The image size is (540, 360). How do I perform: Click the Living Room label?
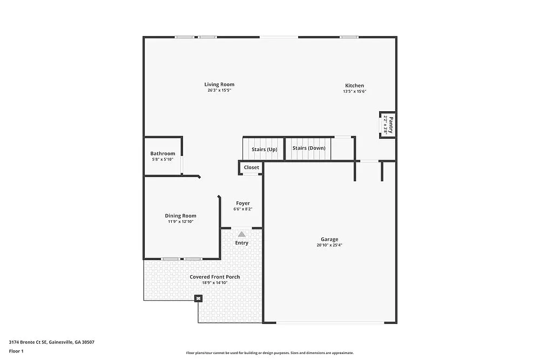[x=219, y=84]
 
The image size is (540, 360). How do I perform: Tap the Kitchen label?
[x=354, y=85]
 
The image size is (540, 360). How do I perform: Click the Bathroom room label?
[x=163, y=153]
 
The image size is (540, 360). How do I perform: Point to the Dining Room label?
[x=180, y=215]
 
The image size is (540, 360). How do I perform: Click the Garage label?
[x=329, y=239]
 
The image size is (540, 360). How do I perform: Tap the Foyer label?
[x=242, y=203]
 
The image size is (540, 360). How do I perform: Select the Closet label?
[x=251, y=167]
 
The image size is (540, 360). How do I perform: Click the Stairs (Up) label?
[x=264, y=149]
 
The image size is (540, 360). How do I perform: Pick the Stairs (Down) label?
[x=309, y=148]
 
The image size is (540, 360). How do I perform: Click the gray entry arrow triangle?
[x=241, y=234]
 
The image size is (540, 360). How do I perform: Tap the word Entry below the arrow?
[x=241, y=243]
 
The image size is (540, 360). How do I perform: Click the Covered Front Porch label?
[x=214, y=277]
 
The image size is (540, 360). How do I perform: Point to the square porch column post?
[x=198, y=298]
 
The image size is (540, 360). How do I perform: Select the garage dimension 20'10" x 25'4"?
[x=329, y=245]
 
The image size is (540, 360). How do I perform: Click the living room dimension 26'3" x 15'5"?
[x=219, y=90]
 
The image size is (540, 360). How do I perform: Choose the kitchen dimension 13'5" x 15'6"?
[x=354, y=91]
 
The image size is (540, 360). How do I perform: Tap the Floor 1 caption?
[x=16, y=351]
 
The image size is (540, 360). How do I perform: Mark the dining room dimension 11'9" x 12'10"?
[x=180, y=221]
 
